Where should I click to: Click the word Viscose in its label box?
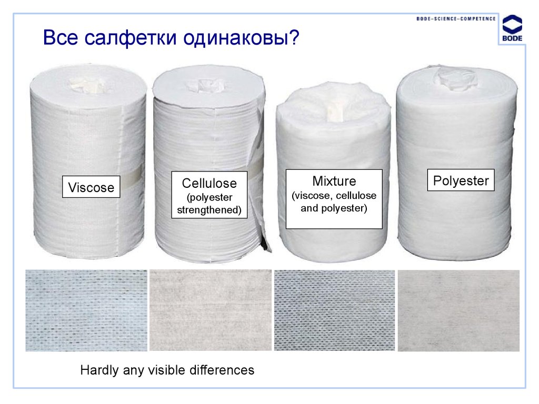(91, 187)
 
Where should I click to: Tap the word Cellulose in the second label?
(209, 183)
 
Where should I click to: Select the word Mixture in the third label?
(334, 181)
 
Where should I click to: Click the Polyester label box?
(461, 181)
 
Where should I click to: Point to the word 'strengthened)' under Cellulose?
(209, 210)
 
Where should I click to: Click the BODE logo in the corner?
(512, 31)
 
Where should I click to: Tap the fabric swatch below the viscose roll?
(86, 310)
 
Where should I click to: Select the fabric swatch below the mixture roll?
(334, 310)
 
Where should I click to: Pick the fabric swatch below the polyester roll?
(458, 310)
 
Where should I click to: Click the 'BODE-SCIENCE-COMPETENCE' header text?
(456, 18)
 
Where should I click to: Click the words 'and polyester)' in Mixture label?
(334, 208)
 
